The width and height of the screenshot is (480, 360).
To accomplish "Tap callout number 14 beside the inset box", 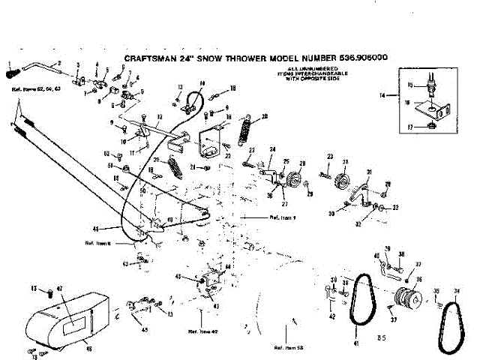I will pyautogui.click(x=382, y=96).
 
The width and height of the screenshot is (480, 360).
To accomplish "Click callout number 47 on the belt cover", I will pyautogui.click(x=61, y=288).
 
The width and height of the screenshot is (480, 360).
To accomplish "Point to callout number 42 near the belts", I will pyautogui.click(x=331, y=317).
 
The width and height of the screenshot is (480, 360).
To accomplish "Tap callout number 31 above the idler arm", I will pyautogui.click(x=369, y=174).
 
